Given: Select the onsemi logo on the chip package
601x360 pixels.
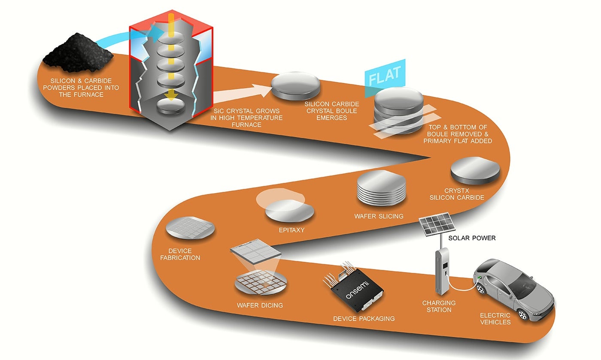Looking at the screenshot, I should coord(358,293).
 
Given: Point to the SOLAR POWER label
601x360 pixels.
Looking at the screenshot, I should coord(472,238).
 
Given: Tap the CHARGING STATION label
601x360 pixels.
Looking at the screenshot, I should coord(439,306).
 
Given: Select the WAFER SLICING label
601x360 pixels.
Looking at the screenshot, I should coord(379,216).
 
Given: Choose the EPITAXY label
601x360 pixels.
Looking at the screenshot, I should coord(291,230).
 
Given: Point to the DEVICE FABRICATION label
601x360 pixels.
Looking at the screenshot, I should coord(184,254).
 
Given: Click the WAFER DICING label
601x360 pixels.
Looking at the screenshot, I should coord(260,306).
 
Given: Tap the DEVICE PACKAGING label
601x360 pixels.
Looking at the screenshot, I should coord(364,319).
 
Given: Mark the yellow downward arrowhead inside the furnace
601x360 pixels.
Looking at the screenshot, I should coord(170,96).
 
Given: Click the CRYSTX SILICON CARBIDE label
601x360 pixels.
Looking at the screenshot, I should coord(464,194).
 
